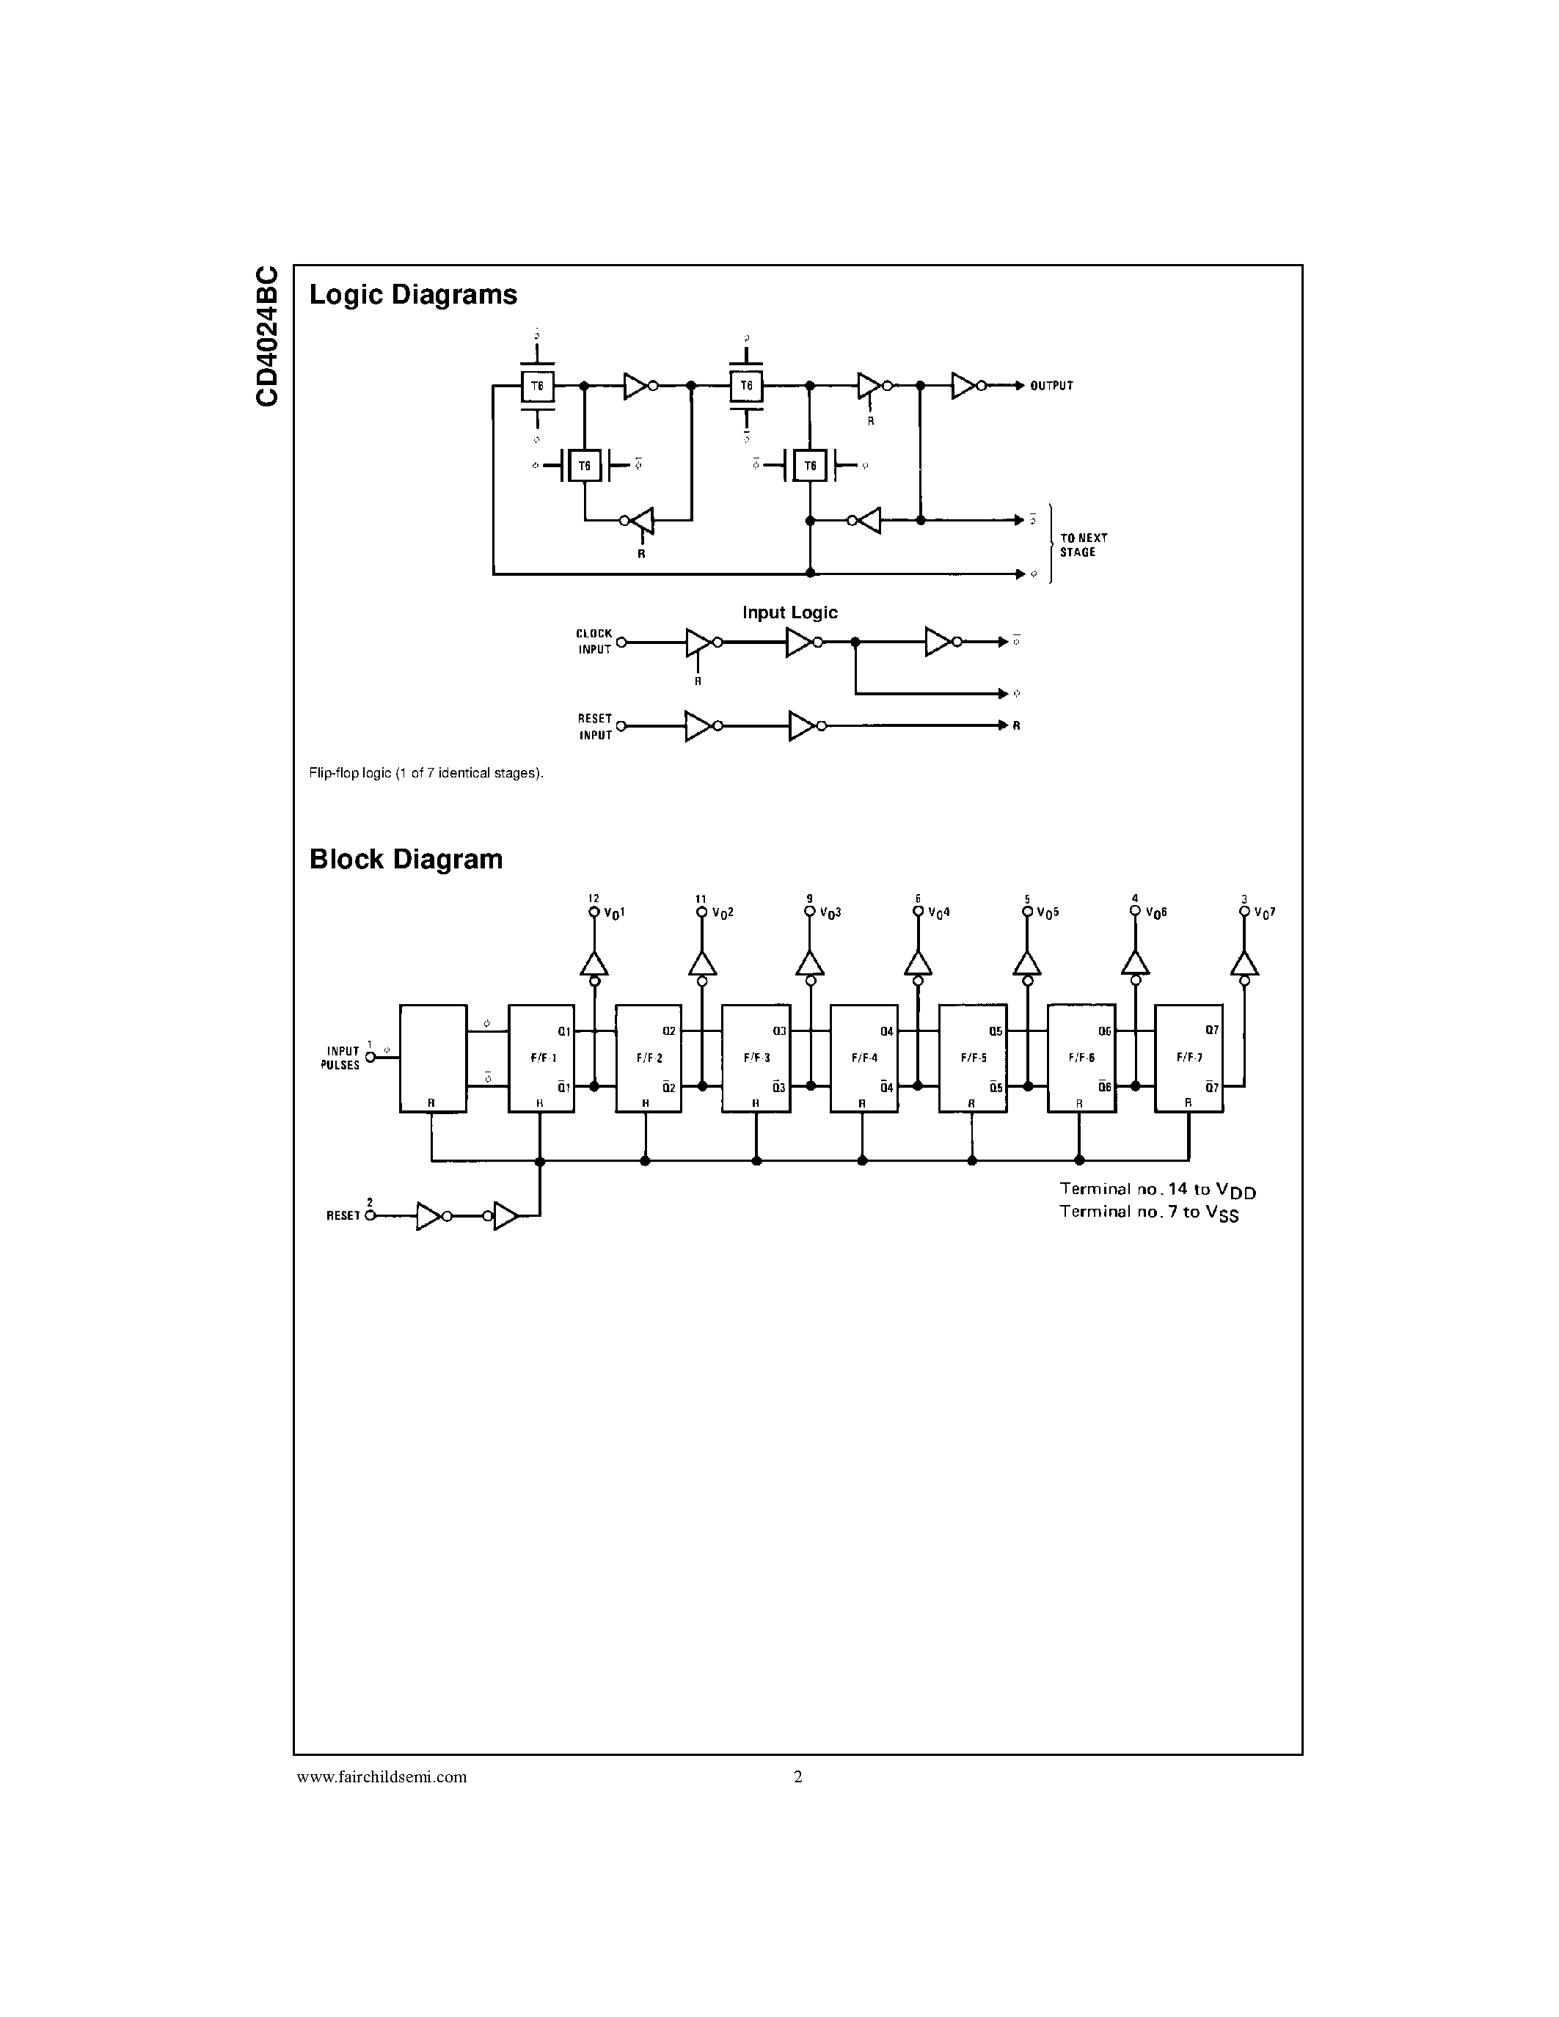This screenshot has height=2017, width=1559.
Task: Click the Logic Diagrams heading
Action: click(x=413, y=295)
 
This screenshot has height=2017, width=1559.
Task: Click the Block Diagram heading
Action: click(x=406, y=859)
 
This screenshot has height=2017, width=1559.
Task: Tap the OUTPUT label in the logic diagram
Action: click(x=1051, y=386)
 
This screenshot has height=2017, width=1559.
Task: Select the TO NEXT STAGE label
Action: click(x=1084, y=545)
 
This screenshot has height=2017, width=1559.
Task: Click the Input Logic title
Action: click(x=789, y=612)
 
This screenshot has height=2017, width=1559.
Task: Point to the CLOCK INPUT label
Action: click(x=594, y=642)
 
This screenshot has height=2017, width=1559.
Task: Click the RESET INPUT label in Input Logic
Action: click(x=595, y=727)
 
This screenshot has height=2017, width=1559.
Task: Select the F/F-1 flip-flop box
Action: click(x=541, y=1058)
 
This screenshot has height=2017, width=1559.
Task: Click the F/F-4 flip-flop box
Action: click(x=864, y=1058)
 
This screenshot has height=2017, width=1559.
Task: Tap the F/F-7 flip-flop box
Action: click(x=1189, y=1058)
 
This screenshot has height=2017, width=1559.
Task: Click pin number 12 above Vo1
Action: click(x=594, y=898)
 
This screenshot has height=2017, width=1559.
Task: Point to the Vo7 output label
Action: click(x=1263, y=913)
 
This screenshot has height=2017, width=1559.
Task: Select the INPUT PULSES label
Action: click(x=342, y=1058)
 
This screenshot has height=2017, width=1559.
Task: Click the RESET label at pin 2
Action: click(x=343, y=1216)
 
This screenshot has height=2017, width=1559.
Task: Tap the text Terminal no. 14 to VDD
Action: click(x=1157, y=1190)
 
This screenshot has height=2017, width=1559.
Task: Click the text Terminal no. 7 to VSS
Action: click(x=1148, y=1212)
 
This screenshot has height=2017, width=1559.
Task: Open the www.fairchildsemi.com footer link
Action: click(x=381, y=1777)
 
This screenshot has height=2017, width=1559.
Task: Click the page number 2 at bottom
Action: click(x=798, y=1777)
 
